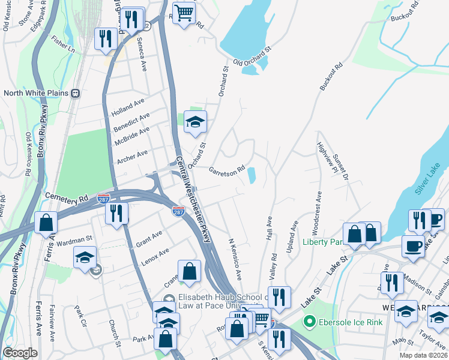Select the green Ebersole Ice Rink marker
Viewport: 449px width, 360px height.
310,322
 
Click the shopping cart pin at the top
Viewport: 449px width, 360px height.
184,13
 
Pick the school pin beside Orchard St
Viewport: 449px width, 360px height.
194,122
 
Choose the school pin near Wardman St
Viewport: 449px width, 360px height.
85,257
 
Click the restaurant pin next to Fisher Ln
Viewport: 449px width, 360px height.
106,39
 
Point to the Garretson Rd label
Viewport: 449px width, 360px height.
227,171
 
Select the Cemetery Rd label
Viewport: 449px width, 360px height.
67,197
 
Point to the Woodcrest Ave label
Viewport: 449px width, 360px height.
318,212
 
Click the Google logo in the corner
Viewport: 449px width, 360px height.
20,353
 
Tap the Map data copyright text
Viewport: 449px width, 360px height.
424,355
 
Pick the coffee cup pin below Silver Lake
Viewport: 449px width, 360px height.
412,246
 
